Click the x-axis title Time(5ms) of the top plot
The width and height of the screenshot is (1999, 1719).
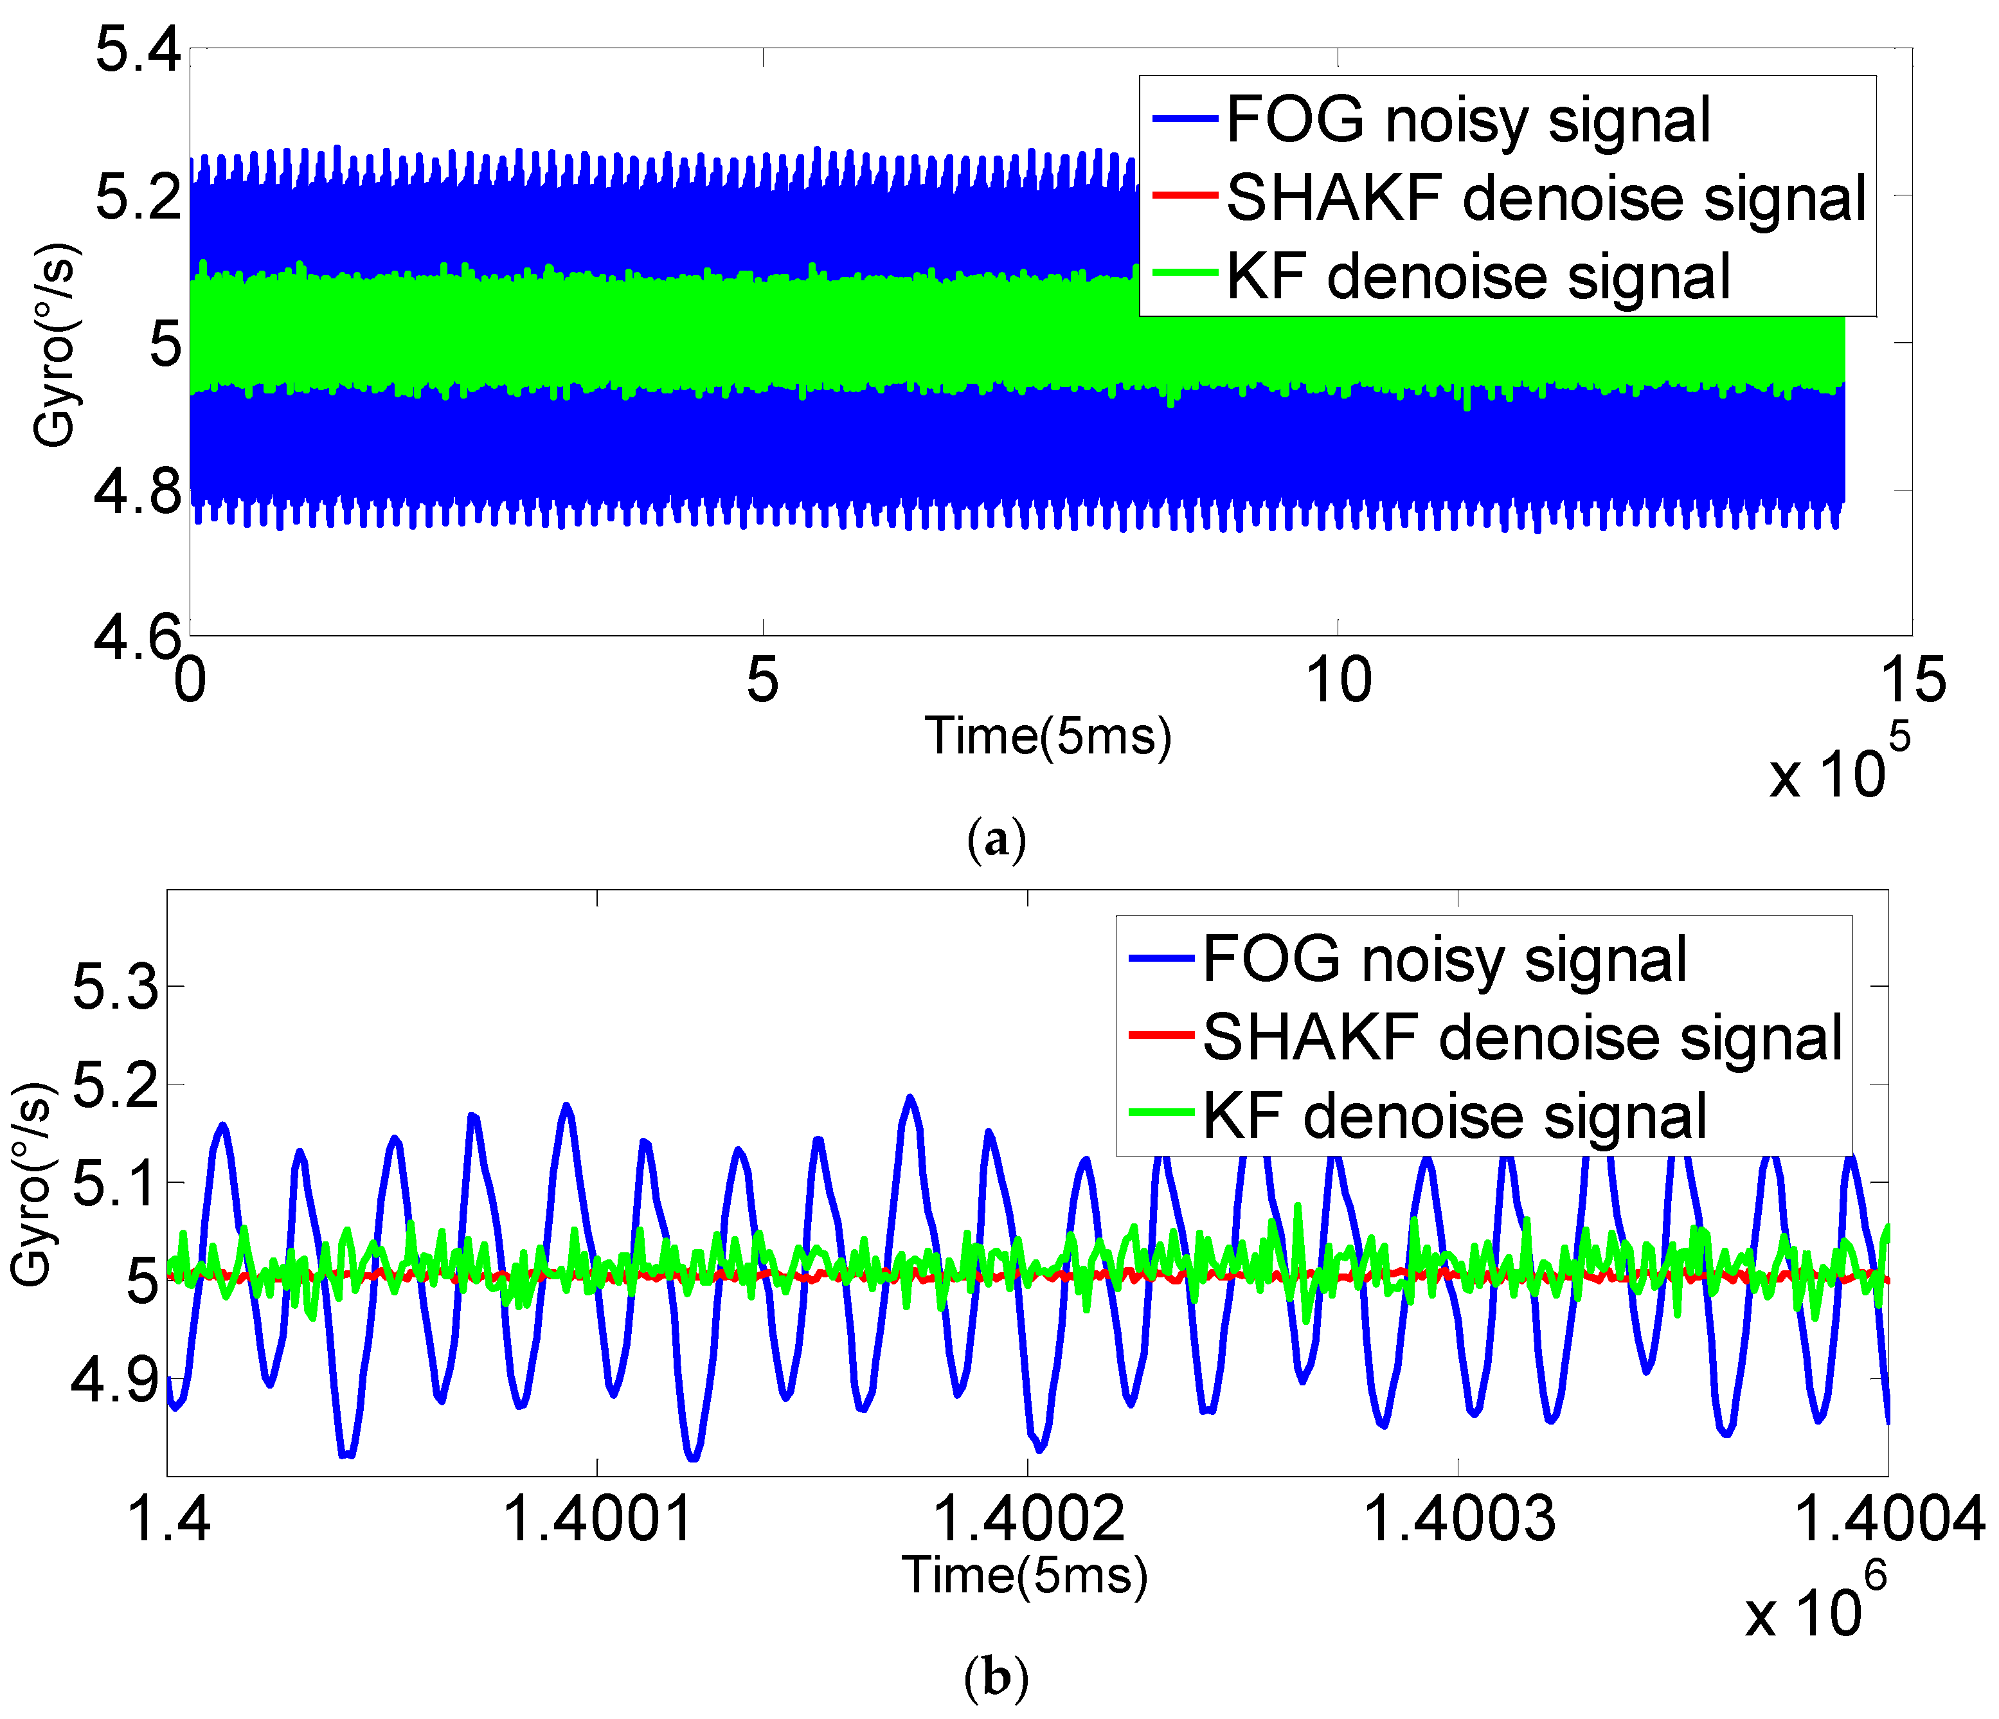(x=1048, y=736)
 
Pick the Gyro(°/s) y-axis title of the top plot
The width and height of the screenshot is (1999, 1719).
(x=55, y=345)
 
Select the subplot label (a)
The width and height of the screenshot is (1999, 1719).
(x=996, y=839)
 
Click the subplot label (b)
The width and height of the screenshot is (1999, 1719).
(x=996, y=1679)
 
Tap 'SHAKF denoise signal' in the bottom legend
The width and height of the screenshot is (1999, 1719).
(x=1523, y=1038)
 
